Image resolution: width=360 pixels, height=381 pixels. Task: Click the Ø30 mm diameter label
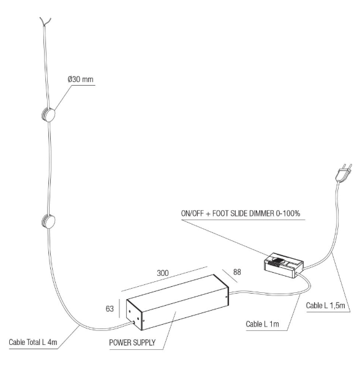pyautogui.click(x=81, y=80)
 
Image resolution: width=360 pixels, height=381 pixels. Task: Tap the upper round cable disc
pyautogui.click(x=48, y=114)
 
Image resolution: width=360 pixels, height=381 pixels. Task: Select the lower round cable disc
pyautogui.click(x=48, y=221)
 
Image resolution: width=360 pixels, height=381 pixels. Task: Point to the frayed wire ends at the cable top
pyautogui.click(x=45, y=21)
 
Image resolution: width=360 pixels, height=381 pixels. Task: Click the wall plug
pyautogui.click(x=343, y=173)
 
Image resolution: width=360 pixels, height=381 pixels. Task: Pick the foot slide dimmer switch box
pyautogui.click(x=283, y=265)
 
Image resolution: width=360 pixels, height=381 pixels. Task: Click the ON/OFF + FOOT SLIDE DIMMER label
pyautogui.click(x=241, y=213)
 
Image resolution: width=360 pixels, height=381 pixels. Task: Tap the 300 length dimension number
pyautogui.click(x=163, y=273)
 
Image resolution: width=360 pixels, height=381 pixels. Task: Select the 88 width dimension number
pyautogui.click(x=237, y=272)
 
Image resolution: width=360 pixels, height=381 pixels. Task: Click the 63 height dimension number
pyautogui.click(x=110, y=309)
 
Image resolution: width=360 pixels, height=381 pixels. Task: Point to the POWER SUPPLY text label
pyautogui.click(x=132, y=342)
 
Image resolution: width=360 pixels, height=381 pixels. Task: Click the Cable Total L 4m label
pyautogui.click(x=33, y=342)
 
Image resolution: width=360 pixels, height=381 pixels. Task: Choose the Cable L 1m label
pyautogui.click(x=262, y=324)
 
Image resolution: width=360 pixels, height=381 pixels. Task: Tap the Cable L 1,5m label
pyautogui.click(x=326, y=305)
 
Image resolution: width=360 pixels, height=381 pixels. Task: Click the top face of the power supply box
pyautogui.click(x=178, y=293)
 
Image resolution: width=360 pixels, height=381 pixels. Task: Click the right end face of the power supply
pyautogui.click(x=227, y=297)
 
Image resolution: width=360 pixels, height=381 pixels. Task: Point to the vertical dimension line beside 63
pyautogui.click(x=119, y=308)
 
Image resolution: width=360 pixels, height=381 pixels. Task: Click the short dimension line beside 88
pyautogui.click(x=230, y=276)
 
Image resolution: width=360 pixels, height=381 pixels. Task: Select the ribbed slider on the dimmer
pyautogui.click(x=276, y=262)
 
